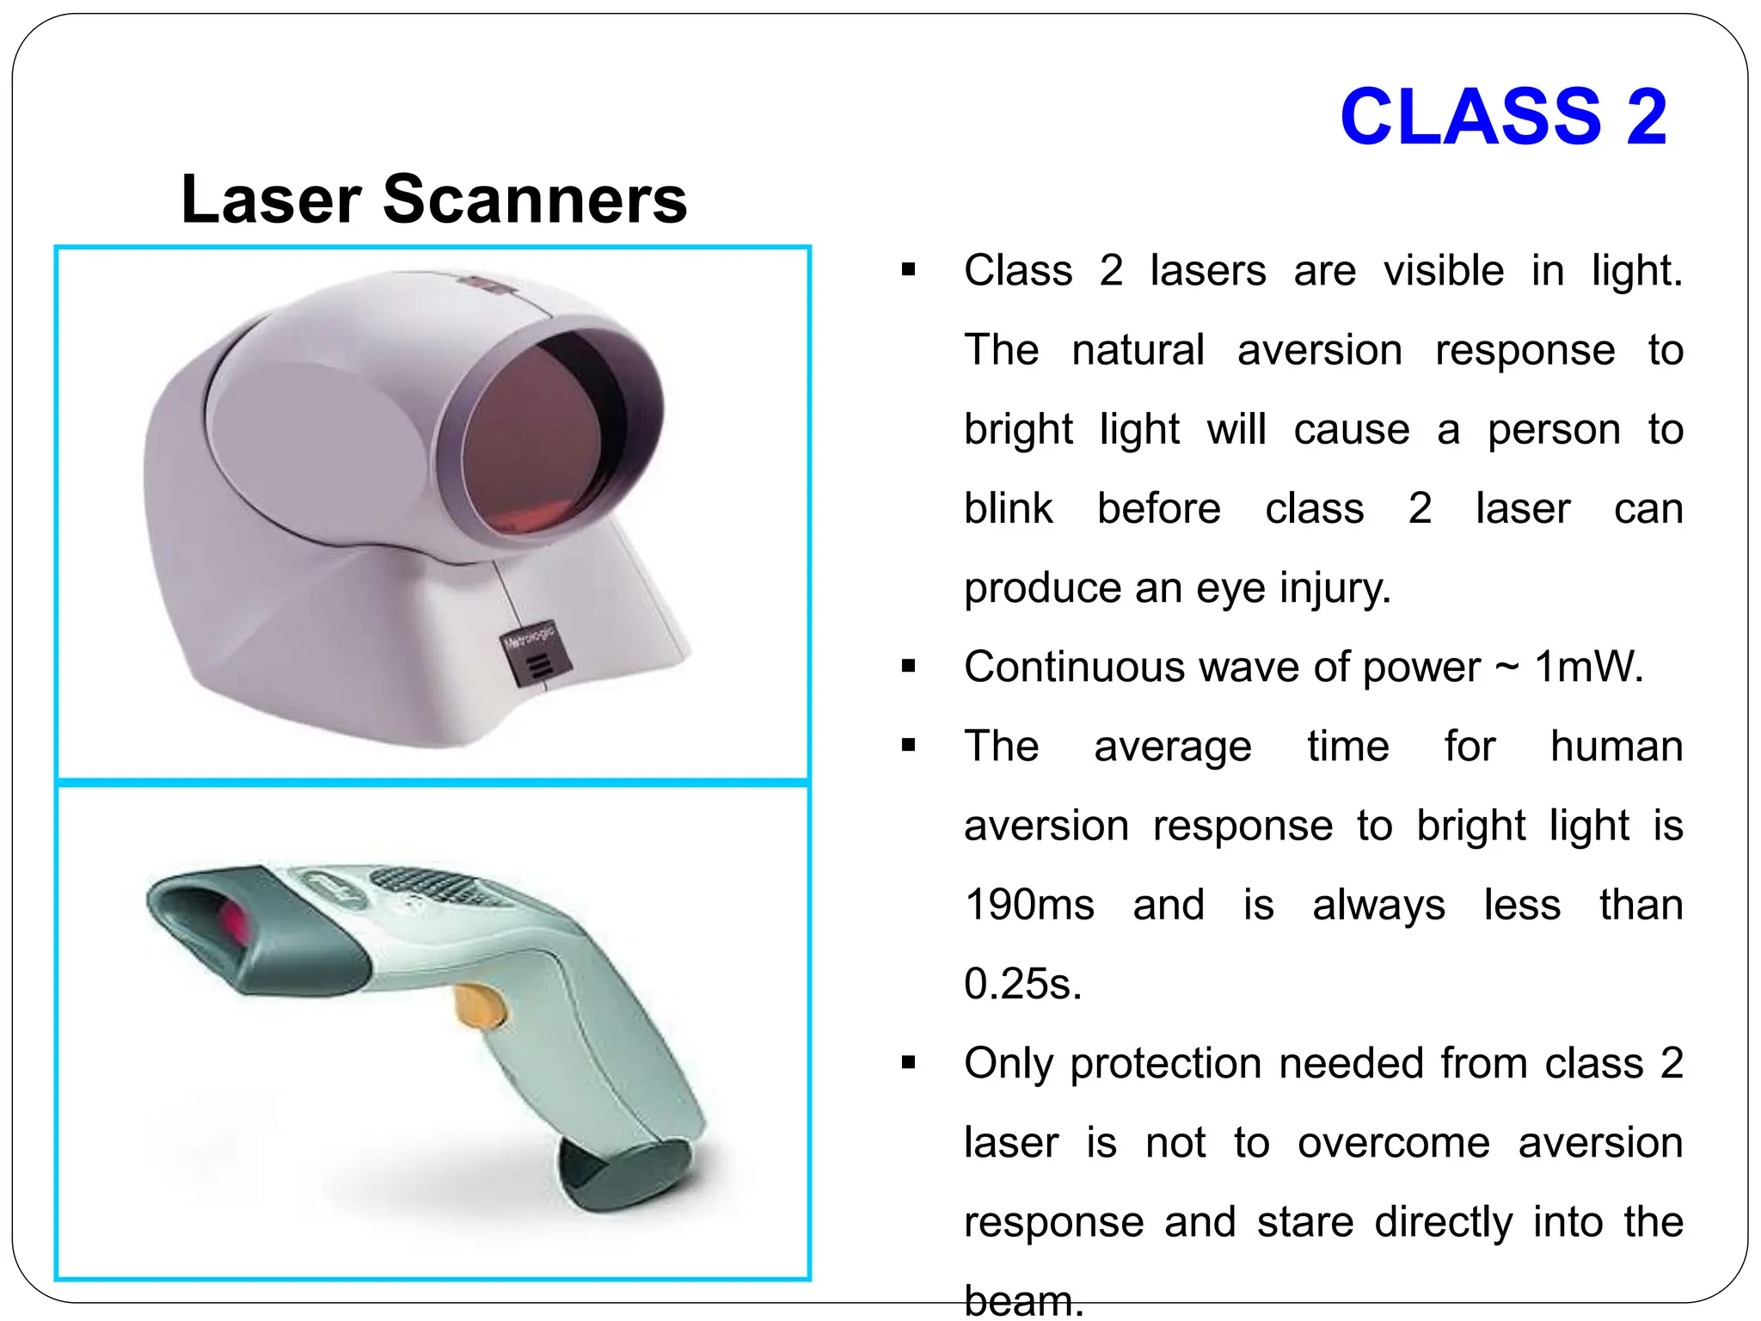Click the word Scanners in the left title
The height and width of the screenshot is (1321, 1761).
coord(534,200)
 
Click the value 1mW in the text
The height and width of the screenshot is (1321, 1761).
coord(1588,667)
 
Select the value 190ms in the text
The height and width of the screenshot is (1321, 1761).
coord(1029,906)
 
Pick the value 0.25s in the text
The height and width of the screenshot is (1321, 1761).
coord(1022,985)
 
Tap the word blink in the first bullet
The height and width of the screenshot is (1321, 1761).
coord(1008,509)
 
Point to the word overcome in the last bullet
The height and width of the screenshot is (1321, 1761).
coord(1393,1144)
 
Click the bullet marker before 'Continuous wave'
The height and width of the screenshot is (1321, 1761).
coord(909,667)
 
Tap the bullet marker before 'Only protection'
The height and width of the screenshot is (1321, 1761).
coord(909,1065)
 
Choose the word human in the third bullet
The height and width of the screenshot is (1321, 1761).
coord(1616,747)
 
